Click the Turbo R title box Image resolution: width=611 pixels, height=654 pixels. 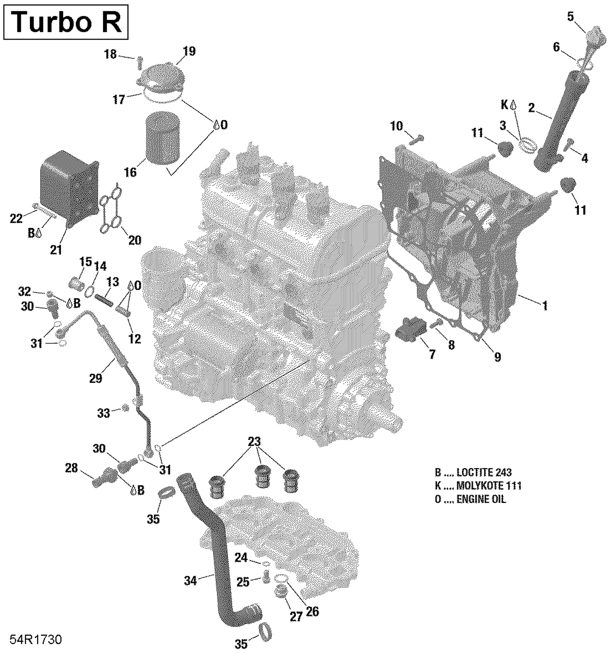pos(66,22)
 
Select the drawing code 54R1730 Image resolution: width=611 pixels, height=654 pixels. pos(36,639)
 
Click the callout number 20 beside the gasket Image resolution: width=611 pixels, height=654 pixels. pos(134,240)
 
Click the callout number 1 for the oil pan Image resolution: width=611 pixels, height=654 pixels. pos(545,305)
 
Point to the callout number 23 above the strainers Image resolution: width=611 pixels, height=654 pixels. pos(254,442)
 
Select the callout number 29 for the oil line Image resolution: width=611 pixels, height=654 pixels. pos(96,378)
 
